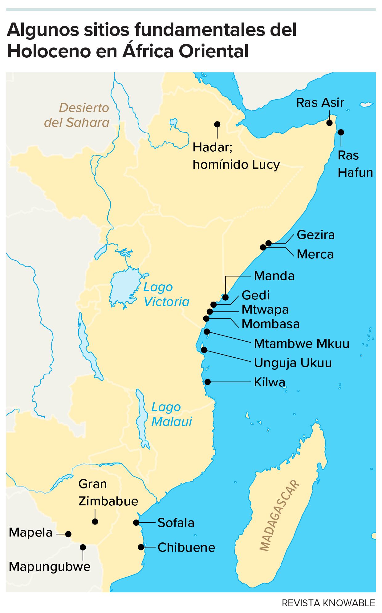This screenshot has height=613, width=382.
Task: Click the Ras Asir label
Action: [320, 103]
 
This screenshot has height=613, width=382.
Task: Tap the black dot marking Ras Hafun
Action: [341, 132]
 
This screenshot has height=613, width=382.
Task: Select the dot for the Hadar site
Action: [217, 124]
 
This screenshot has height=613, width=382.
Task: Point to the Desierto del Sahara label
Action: [77, 115]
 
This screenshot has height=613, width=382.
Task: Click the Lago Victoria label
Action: [166, 294]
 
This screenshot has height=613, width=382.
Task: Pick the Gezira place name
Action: [315, 235]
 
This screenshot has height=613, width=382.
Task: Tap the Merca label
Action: [315, 254]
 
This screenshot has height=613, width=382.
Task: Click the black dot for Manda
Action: [226, 297]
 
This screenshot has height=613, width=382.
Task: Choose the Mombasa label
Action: [270, 324]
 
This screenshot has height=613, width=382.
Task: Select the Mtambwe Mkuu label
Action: [301, 344]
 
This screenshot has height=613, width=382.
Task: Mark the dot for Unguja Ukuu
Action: [204, 350]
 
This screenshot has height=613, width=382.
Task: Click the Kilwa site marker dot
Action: [208, 382]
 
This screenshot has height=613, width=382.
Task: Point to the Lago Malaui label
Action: [171, 414]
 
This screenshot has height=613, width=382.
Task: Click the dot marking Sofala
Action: [136, 522]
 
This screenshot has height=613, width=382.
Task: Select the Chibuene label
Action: [186, 547]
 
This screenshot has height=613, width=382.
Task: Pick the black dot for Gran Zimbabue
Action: [95, 521]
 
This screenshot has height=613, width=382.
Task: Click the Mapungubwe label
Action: [50, 566]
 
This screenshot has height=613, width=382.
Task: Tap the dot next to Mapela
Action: [68, 534]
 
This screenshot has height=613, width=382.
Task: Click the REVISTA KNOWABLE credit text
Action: [328, 603]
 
